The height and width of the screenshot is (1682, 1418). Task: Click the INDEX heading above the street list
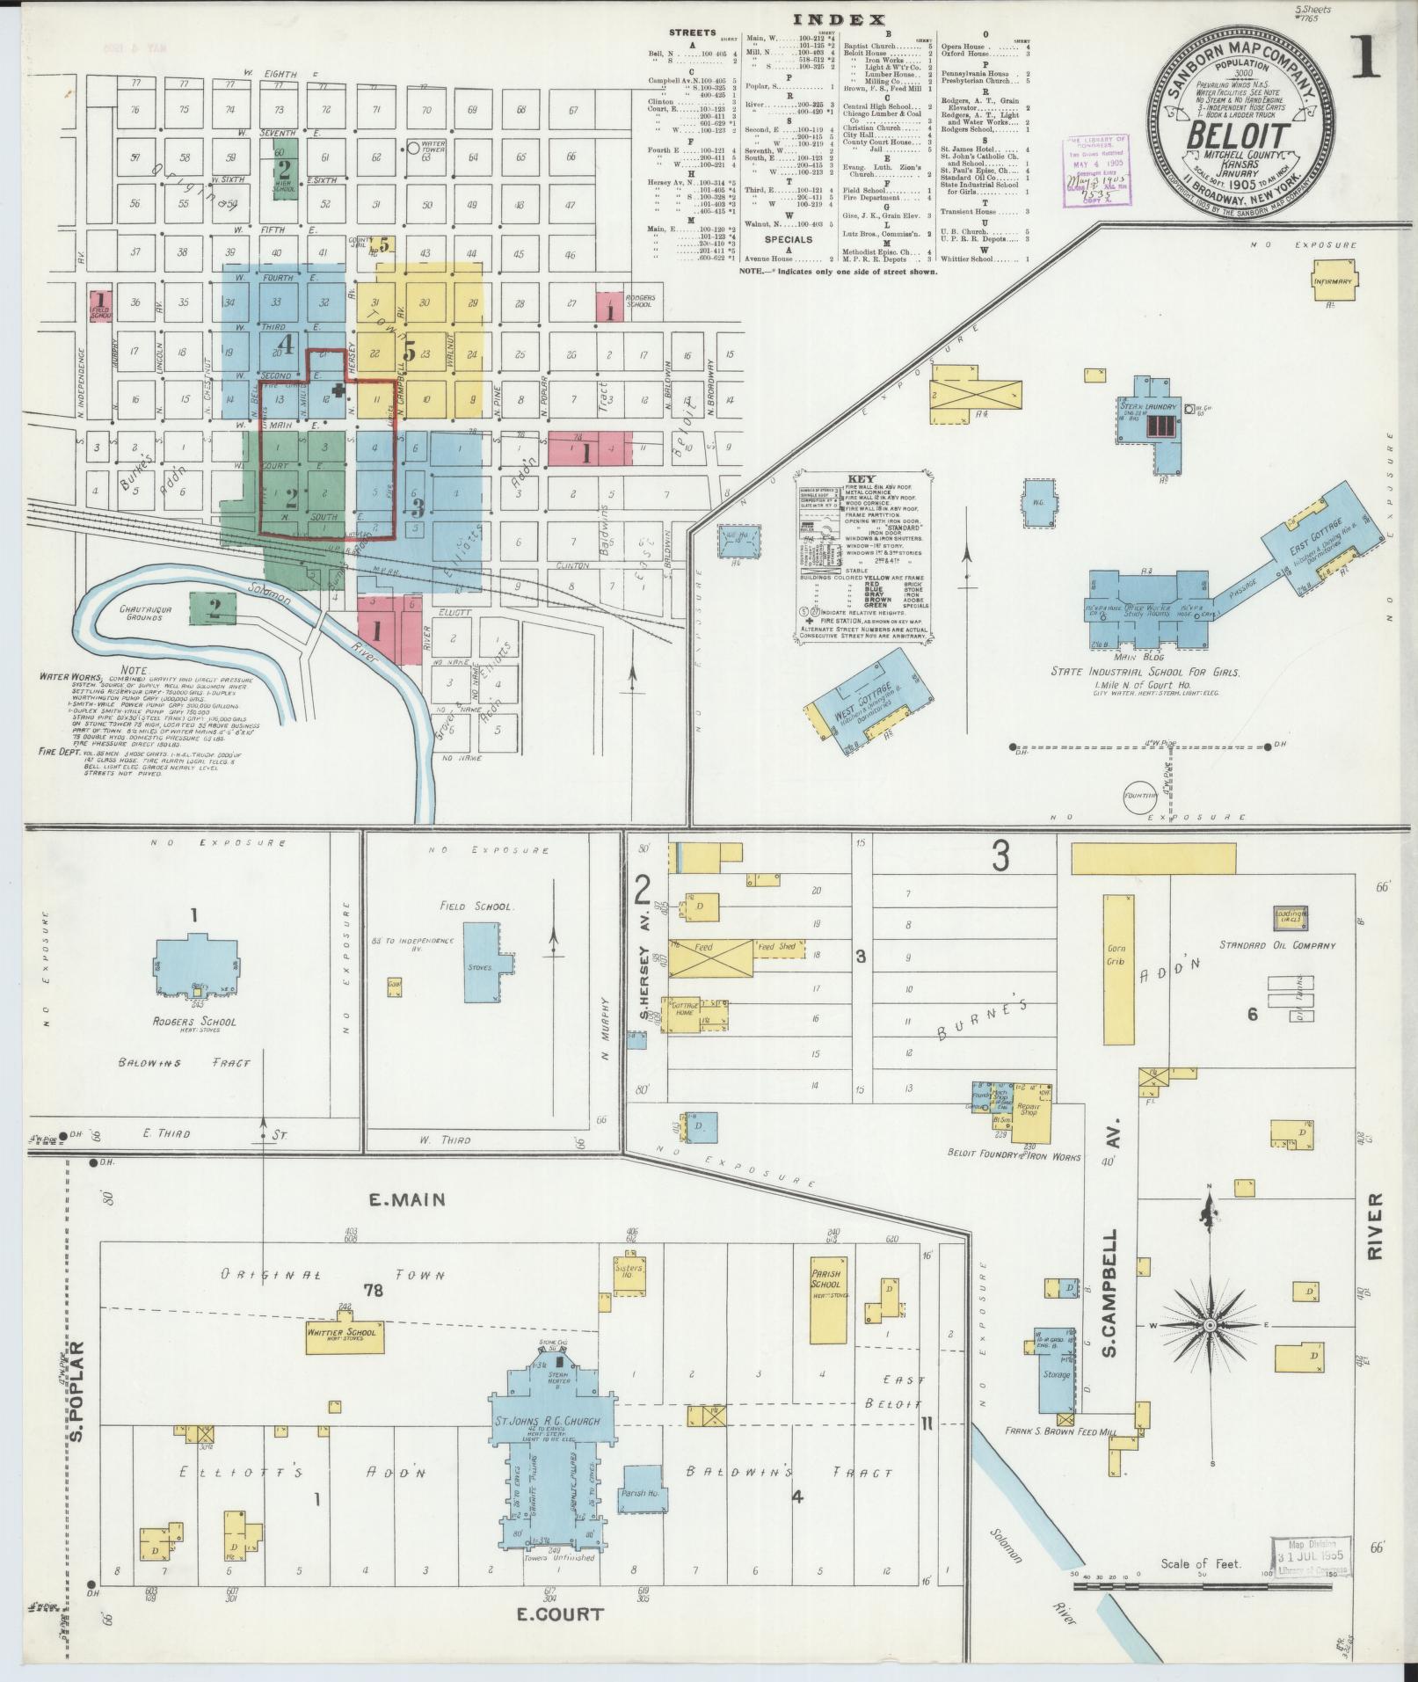tap(840, 19)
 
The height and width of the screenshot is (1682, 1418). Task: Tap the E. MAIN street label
tap(409, 1198)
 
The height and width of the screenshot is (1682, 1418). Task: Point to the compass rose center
tap(1210, 1324)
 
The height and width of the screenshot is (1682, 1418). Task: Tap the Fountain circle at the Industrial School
tap(1139, 795)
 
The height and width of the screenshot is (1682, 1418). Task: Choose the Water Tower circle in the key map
tap(412, 149)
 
